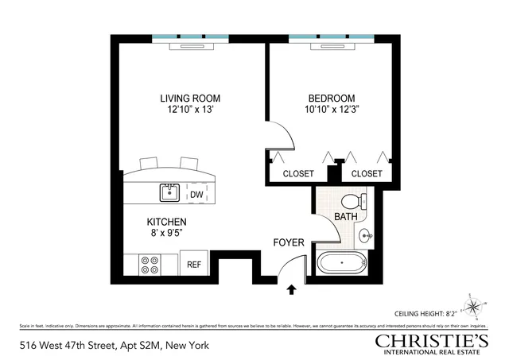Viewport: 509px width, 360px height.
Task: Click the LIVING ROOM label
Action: point(190,99)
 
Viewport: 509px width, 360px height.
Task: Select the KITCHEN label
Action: point(166,222)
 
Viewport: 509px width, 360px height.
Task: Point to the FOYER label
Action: point(288,242)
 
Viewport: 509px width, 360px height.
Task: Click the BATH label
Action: point(345,216)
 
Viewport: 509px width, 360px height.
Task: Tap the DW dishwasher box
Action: point(196,195)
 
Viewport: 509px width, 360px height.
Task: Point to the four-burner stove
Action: point(150,265)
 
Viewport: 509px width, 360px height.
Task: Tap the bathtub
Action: point(343,262)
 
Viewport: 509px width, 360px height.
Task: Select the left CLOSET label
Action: point(298,173)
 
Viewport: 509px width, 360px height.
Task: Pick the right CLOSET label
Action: point(367,173)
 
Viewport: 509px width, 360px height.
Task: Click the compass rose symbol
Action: point(475,306)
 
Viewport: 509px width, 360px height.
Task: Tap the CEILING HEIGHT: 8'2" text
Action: point(422,314)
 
